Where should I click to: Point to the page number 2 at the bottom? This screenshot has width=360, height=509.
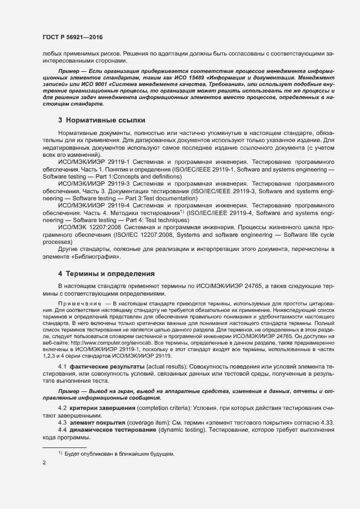point(44,463)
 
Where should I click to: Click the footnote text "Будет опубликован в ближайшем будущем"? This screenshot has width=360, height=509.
point(119,453)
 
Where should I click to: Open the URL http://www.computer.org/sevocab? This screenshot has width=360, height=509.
point(108,345)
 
